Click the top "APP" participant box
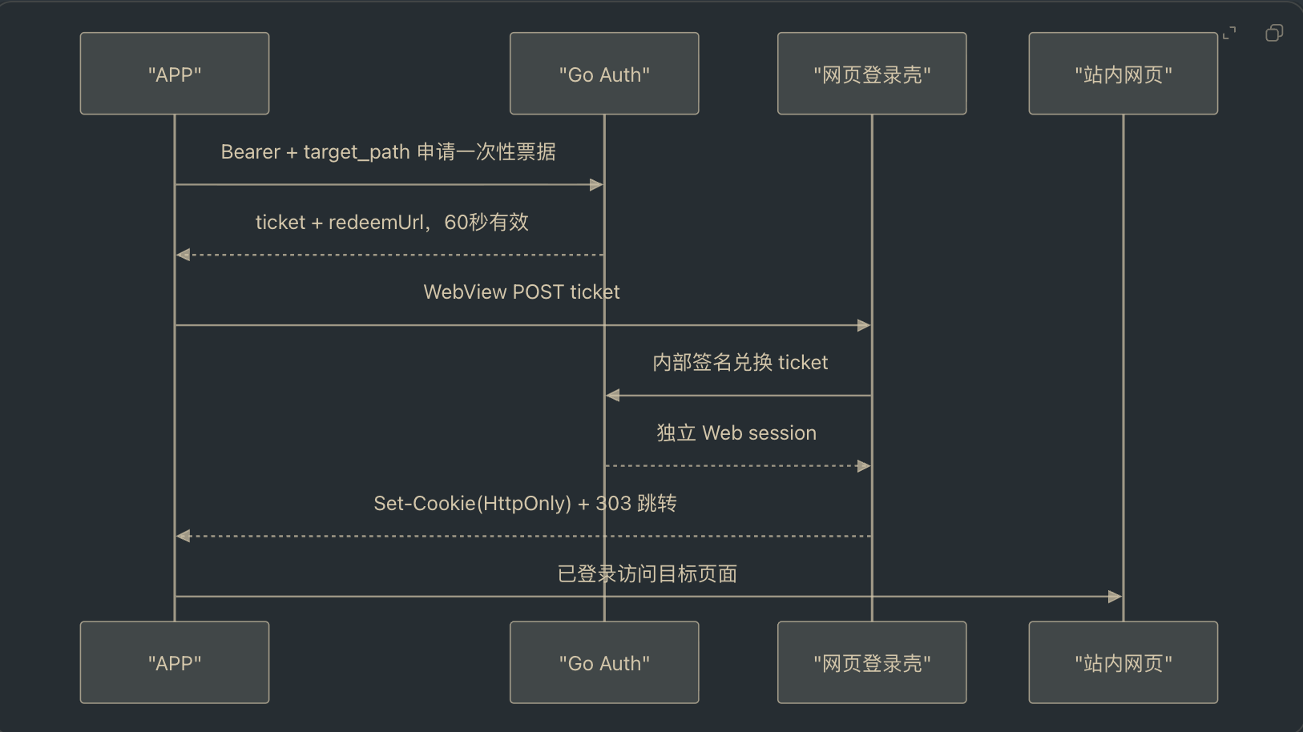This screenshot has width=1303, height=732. (175, 73)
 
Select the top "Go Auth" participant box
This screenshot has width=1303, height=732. (604, 73)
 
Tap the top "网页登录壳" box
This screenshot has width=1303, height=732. (872, 73)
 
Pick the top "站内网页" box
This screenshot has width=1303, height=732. (1123, 73)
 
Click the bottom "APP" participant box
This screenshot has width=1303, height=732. (175, 662)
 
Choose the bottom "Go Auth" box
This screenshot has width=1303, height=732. (604, 662)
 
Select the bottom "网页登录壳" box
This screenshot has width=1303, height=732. (872, 662)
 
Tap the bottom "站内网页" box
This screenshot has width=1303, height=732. (1123, 662)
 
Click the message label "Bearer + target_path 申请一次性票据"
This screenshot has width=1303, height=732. (389, 151)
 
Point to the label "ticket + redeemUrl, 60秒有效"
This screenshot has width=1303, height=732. (392, 222)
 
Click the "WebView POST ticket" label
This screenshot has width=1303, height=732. (522, 292)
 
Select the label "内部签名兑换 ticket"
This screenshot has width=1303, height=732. (740, 362)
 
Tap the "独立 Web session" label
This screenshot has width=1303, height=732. (736, 432)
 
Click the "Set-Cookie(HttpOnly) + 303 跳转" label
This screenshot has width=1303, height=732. (525, 503)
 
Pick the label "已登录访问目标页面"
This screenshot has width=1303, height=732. (647, 574)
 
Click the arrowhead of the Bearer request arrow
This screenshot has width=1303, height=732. (596, 185)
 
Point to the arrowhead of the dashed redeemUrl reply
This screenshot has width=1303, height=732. (184, 255)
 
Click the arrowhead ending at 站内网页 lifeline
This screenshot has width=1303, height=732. (1115, 597)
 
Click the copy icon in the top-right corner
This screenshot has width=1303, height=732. (1274, 33)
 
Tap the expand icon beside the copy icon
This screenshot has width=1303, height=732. (1229, 33)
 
